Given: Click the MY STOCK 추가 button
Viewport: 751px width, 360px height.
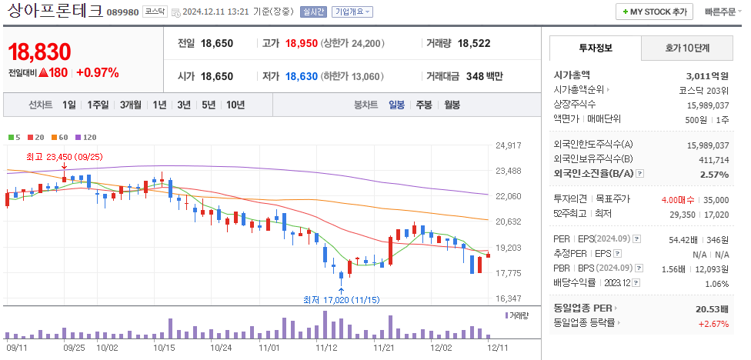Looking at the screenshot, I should pos(653,12).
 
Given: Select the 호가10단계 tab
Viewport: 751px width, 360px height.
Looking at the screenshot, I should pos(687,48).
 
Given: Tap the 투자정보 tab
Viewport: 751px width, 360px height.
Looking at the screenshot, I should pos(594,48).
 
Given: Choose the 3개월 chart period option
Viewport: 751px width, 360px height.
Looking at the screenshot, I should pos(132,105).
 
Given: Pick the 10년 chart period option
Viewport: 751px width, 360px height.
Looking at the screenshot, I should pos(235,105).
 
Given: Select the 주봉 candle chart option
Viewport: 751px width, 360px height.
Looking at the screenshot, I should pos(424,105).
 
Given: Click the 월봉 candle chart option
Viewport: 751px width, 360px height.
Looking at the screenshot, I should pos(452,105).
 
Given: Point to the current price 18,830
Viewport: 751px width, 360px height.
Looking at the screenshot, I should pos(39,52).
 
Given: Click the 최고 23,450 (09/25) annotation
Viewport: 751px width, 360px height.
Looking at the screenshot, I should pos(64,157).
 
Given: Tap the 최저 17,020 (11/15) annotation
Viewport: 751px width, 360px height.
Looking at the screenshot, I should pos(341,300).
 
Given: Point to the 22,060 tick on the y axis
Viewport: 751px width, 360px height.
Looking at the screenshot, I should pos(509,197).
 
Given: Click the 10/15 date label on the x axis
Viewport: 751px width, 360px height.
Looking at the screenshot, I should pos(165,348).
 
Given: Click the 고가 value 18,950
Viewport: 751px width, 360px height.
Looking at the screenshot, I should pos(301,44).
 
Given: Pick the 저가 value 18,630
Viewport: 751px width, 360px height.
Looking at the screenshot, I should pos(301,76).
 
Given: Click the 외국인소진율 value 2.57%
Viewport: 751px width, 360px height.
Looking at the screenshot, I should pos(714,175).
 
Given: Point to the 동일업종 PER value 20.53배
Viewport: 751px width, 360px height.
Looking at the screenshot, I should pos(712,308).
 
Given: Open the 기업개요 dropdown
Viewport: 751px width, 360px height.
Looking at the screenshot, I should pos(352,12).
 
